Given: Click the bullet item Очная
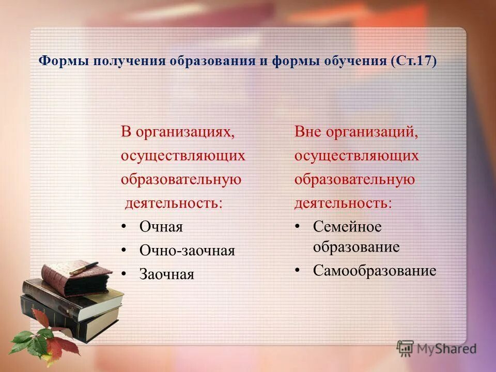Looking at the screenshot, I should click(x=161, y=227).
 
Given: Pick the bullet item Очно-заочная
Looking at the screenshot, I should click(x=187, y=251).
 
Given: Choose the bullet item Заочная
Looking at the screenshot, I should click(x=166, y=275).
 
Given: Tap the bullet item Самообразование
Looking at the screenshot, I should click(x=374, y=271).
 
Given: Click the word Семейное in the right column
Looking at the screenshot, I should click(x=347, y=227).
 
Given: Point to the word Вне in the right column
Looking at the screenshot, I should click(x=307, y=132).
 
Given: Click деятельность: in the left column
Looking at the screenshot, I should click(x=174, y=203).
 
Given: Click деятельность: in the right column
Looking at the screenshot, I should click(x=343, y=203).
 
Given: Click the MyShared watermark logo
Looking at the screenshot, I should click(x=437, y=348).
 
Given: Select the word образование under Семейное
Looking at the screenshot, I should click(x=356, y=247).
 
